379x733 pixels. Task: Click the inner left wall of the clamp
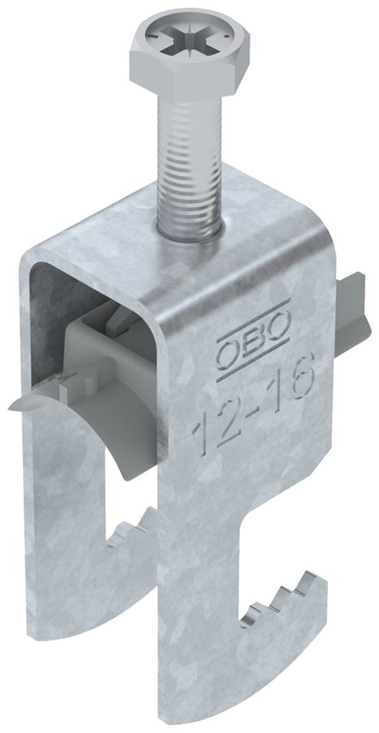pos(49,326)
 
